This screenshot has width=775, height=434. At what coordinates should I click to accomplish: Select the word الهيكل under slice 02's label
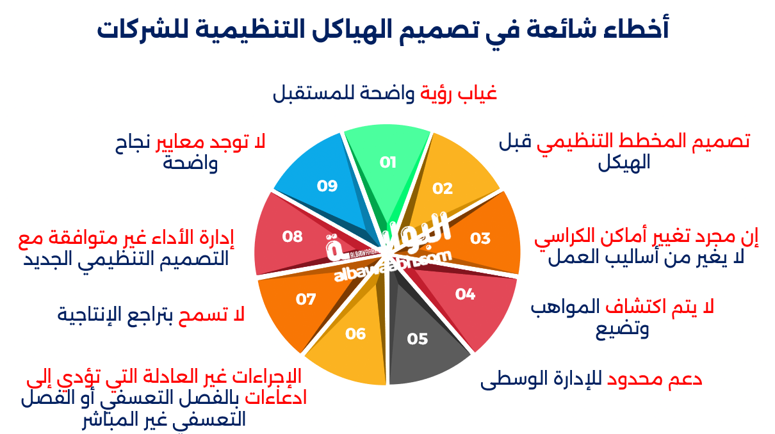(624, 163)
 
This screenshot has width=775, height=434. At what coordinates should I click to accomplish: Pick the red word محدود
(637, 380)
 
